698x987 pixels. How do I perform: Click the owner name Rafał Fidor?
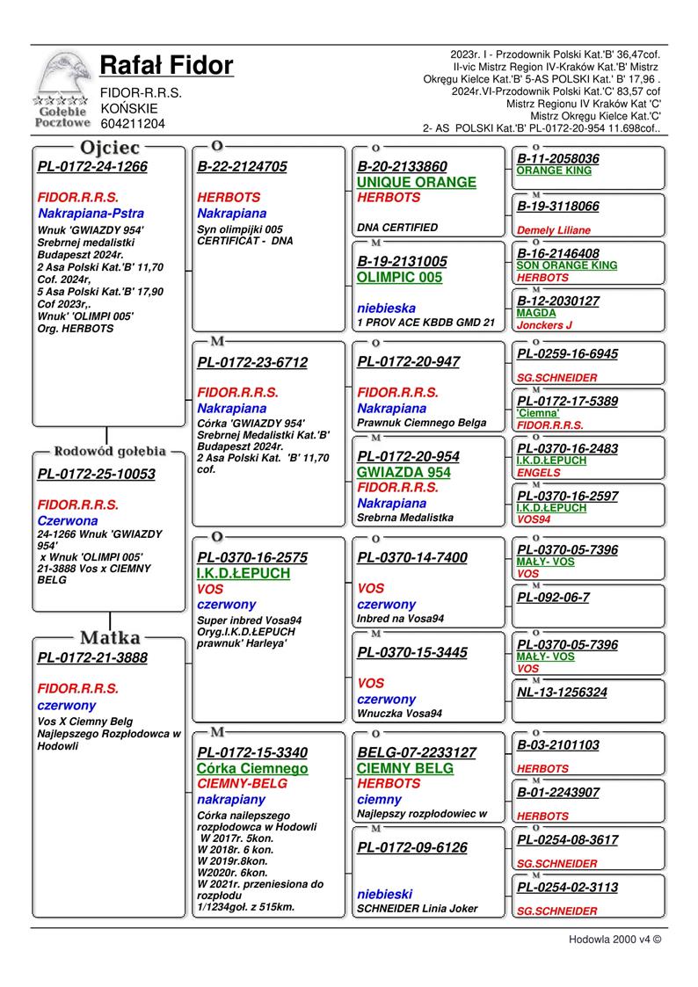click(x=166, y=65)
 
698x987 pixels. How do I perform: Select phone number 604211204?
click(x=133, y=124)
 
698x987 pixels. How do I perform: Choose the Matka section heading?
click(x=110, y=637)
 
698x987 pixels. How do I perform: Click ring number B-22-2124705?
click(x=242, y=166)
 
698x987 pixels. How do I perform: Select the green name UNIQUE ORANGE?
click(x=417, y=182)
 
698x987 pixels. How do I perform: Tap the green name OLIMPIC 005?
click(x=400, y=277)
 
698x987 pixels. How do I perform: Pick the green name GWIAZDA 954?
click(x=404, y=472)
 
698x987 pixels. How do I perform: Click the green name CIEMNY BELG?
click(x=404, y=768)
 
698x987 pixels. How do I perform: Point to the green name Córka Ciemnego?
click(x=252, y=768)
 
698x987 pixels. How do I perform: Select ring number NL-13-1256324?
click(x=562, y=693)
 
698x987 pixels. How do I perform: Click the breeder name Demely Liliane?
click(x=554, y=230)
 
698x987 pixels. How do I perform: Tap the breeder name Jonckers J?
click(x=545, y=325)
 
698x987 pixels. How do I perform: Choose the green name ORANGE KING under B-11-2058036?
click(x=554, y=171)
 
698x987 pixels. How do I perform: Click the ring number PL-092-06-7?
click(x=553, y=598)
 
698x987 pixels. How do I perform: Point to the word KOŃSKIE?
click(x=129, y=108)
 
